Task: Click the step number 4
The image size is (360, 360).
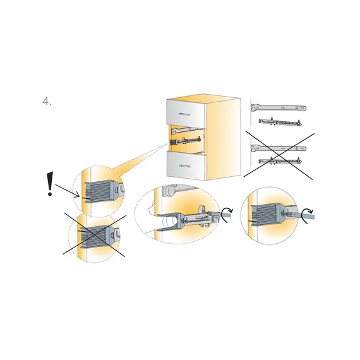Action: tap(47, 101)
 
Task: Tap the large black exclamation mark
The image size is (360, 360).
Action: tap(50, 184)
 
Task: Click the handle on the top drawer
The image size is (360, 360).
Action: tap(184, 114)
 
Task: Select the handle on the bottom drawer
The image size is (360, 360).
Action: tap(185, 165)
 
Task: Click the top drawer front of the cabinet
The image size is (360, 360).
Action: tap(186, 113)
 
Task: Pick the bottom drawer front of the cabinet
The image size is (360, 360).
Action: tap(186, 165)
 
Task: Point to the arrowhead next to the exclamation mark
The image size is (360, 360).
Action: tap(77, 195)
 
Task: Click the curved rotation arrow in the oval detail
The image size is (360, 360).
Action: tap(226, 214)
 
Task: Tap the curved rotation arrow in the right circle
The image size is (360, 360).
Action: tap(308, 215)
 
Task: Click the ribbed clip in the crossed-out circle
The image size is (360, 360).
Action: tap(95, 237)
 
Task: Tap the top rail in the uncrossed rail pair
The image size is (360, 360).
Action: tap(279, 107)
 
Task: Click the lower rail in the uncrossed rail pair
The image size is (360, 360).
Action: tap(280, 122)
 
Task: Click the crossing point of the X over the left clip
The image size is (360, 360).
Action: tap(94, 235)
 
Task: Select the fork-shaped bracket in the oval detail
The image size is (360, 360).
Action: tap(171, 221)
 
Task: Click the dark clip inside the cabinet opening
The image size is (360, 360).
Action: tap(173, 143)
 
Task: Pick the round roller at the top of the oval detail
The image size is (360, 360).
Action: tap(170, 190)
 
